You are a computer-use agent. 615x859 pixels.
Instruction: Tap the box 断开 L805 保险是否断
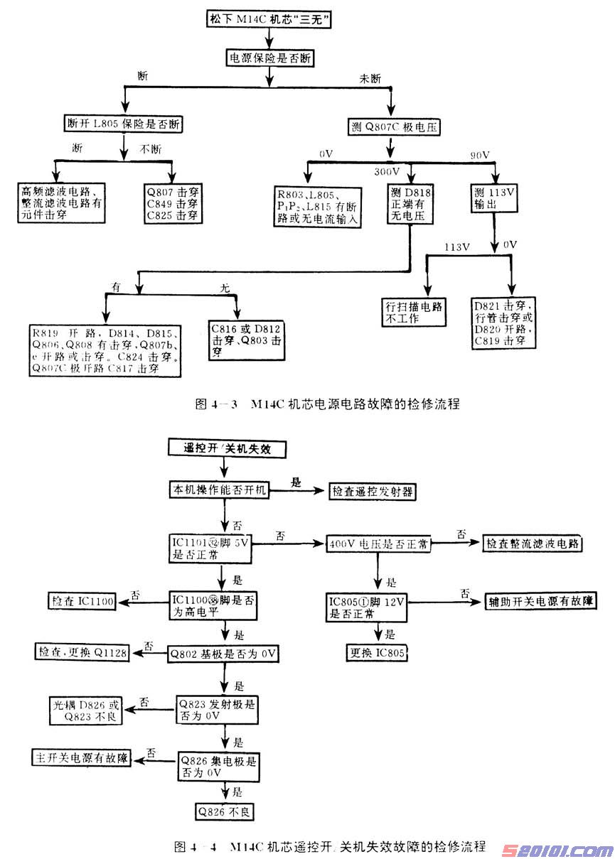point(124,125)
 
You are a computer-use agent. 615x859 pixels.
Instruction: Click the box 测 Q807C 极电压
point(390,128)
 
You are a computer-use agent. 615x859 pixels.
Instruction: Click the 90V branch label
point(481,156)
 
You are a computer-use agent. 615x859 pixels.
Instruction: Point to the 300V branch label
point(387,171)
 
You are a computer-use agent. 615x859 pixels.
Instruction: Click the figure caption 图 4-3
point(327,404)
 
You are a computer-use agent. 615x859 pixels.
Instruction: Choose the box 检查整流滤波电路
point(533,544)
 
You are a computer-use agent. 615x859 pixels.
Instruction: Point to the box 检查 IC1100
point(82,602)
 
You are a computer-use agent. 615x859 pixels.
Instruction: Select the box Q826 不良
point(227,811)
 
